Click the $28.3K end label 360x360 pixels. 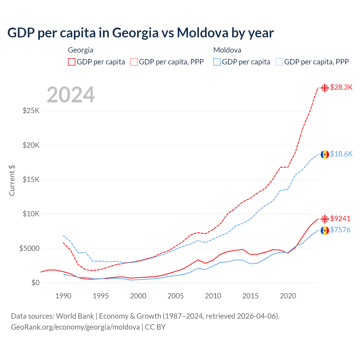pyautogui.click(x=341, y=87)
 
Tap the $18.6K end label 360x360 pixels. pyautogui.click(x=341, y=154)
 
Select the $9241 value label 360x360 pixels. pyautogui.click(x=340, y=219)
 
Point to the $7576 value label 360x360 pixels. pyautogui.click(x=340, y=230)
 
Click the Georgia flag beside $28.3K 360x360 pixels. pyautogui.click(x=325, y=88)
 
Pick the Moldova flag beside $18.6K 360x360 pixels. pyautogui.click(x=325, y=154)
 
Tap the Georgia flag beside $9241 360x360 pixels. pyautogui.click(x=325, y=219)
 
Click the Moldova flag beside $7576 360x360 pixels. pyautogui.click(x=325, y=231)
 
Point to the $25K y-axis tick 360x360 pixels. pyautogui.click(x=31, y=111)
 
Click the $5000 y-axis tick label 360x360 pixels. pyautogui.click(x=29, y=248)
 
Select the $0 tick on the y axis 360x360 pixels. pyautogui.click(x=35, y=283)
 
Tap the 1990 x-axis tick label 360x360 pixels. pyautogui.click(x=63, y=296)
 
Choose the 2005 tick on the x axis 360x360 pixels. pyautogui.click(x=175, y=296)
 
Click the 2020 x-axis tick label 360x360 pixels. pyautogui.click(x=288, y=296)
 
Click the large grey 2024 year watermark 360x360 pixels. pyautogui.click(x=71, y=95)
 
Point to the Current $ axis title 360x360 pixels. pyautogui.click(x=12, y=181)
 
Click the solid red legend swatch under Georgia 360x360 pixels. pyautogui.click(x=72, y=62)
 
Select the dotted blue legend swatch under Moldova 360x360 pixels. pyautogui.click(x=279, y=62)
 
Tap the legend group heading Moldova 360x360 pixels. pyautogui.click(x=227, y=50)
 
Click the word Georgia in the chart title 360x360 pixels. pyautogui.click(x=135, y=33)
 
